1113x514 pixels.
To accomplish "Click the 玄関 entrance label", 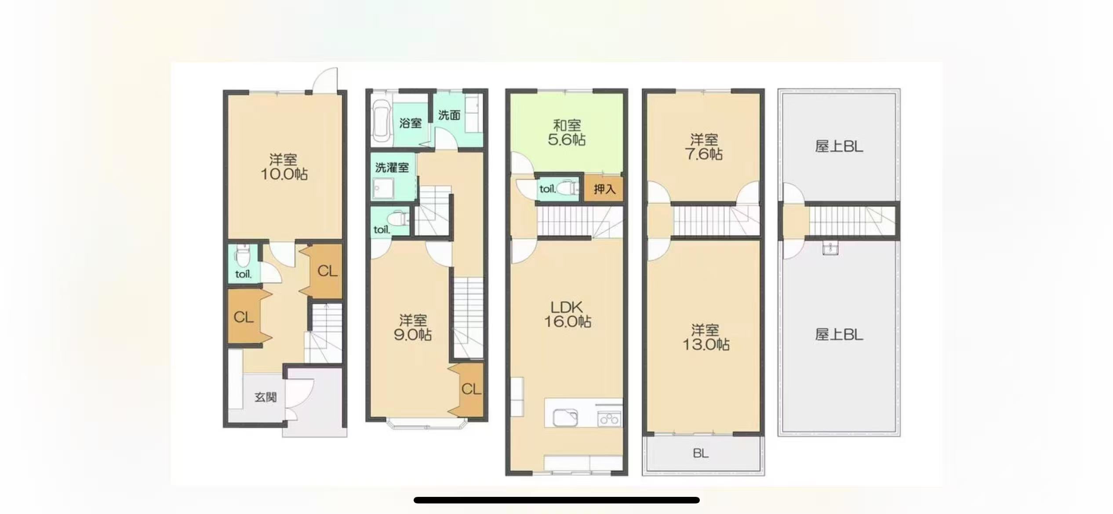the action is coord(266,397).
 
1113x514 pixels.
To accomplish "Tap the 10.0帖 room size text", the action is coord(284,174).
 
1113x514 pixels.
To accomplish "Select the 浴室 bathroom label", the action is coord(411,123).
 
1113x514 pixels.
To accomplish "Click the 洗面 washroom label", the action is coord(449,115).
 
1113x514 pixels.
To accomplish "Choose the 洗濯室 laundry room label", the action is coord(392,167).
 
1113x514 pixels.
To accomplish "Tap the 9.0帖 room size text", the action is coord(413,335).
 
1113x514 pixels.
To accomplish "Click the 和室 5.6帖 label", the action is coord(567,133).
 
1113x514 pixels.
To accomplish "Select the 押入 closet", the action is coord(604,189).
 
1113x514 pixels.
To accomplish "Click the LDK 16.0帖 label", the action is coord(567,315).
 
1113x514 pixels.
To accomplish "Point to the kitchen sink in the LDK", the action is coord(565,417).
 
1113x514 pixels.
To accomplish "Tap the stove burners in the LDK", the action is coord(609,418).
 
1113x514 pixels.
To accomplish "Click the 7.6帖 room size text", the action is coord(704,154).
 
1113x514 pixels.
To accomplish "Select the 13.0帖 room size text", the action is coord(706,344).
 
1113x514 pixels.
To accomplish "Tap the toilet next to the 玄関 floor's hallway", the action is coord(242,257).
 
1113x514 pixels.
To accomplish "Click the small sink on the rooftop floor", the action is coord(830,248).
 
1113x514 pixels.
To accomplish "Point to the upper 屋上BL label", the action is coord(839,146).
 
